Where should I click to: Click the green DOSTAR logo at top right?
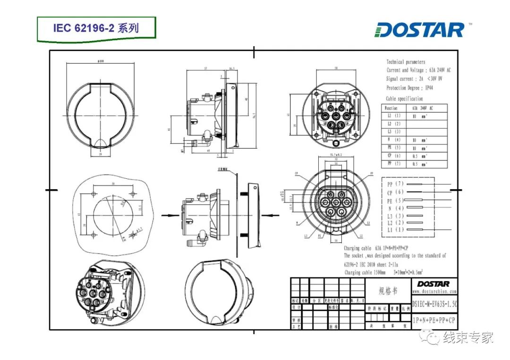point(420,30)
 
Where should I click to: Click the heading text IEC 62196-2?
point(96,28)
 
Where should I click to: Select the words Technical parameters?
point(406,62)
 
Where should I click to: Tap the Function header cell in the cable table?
point(391,108)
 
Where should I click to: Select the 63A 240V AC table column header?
point(422,108)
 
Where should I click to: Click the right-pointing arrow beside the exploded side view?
point(168,215)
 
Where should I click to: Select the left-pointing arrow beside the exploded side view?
point(267,215)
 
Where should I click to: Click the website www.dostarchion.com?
point(434,292)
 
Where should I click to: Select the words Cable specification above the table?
point(404,99)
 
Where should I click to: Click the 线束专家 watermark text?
point(468,338)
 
